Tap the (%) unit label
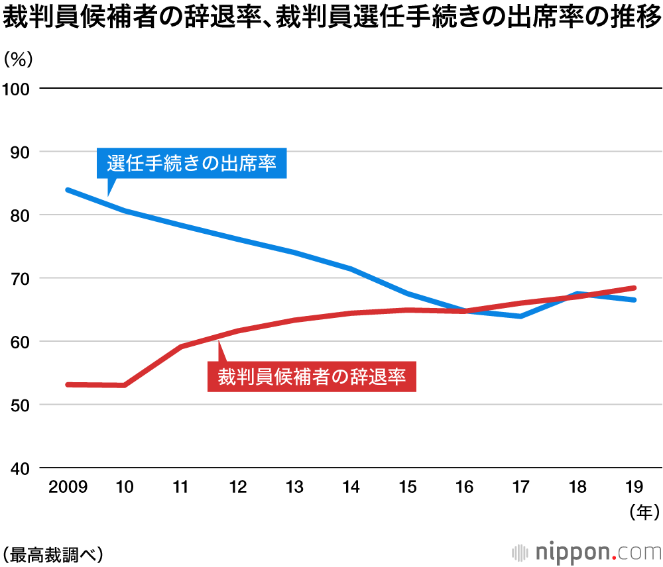coord(18,59)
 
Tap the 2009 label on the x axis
coord(68,488)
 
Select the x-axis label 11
coord(181,488)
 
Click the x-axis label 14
coord(351,488)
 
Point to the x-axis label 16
coord(464,488)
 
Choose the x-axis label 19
coord(634,488)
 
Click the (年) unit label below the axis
coord(642,511)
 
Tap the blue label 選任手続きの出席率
coord(192,163)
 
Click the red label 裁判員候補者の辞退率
coord(312,377)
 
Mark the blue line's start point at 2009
coord(68,190)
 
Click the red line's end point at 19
coord(634,288)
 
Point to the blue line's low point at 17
coord(521,316)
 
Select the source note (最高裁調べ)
coord(52,552)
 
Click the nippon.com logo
coord(587,552)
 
